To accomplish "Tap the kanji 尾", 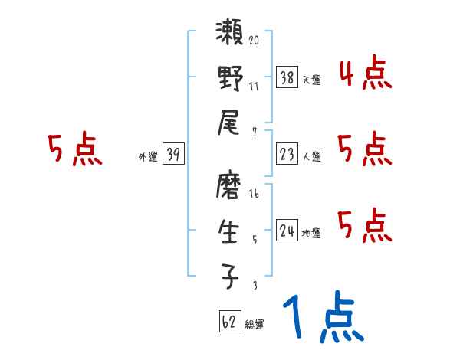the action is (x=229, y=122).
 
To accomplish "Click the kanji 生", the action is (x=229, y=231).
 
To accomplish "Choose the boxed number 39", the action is (x=172, y=155).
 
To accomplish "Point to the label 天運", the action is (x=311, y=80).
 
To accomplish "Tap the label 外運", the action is (x=148, y=156).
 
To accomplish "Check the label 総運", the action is (x=255, y=324).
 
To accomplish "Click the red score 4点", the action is (x=365, y=74).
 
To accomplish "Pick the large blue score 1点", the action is (x=322, y=319).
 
